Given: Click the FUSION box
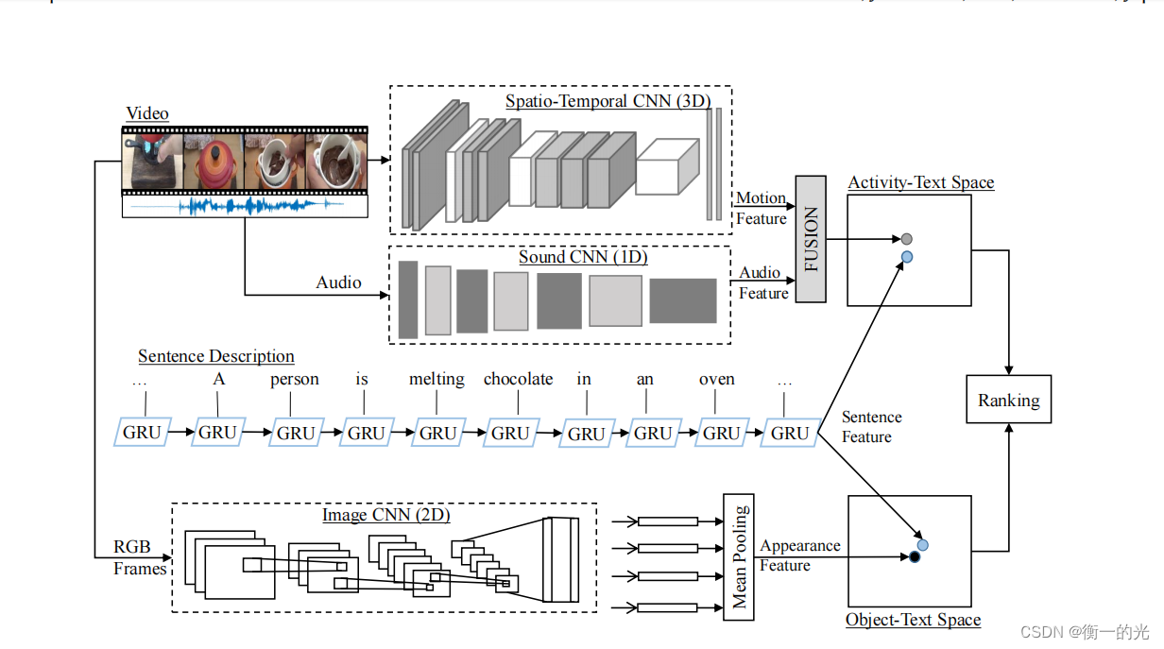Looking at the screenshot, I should [x=811, y=239].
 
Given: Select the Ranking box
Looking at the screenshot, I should [x=1008, y=400].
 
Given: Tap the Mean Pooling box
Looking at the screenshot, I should [x=739, y=556].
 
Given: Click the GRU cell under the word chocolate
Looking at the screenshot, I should [x=510, y=433].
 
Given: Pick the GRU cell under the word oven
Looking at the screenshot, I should [x=721, y=433].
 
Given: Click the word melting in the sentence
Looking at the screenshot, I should [x=436, y=379].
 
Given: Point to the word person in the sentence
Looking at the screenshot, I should [x=294, y=379].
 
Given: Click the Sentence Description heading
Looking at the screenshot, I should [x=216, y=356].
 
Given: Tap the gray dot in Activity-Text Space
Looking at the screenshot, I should [x=906, y=239].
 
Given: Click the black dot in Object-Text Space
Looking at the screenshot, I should [x=914, y=557].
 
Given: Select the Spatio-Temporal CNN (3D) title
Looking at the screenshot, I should [x=607, y=101].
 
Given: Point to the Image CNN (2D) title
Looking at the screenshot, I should [x=385, y=515].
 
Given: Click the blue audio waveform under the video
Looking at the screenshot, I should [x=244, y=205].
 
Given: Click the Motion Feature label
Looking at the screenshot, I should [x=761, y=208].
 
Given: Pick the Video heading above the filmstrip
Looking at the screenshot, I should [x=147, y=113].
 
